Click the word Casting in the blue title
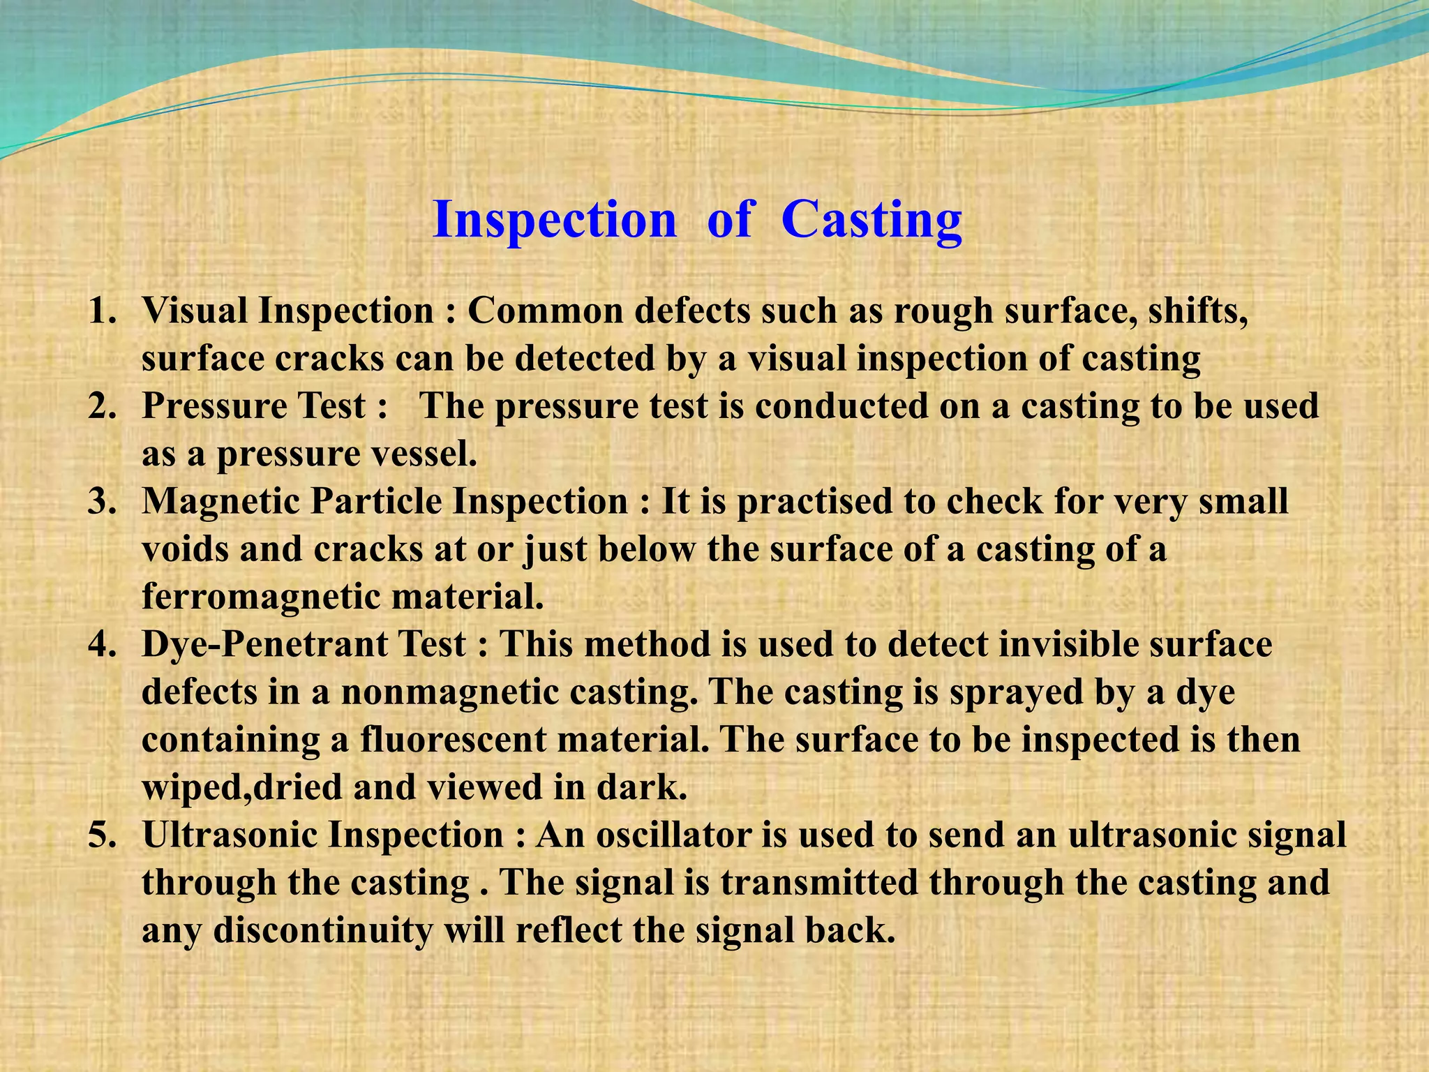click(x=871, y=220)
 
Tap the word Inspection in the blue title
click(x=555, y=220)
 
